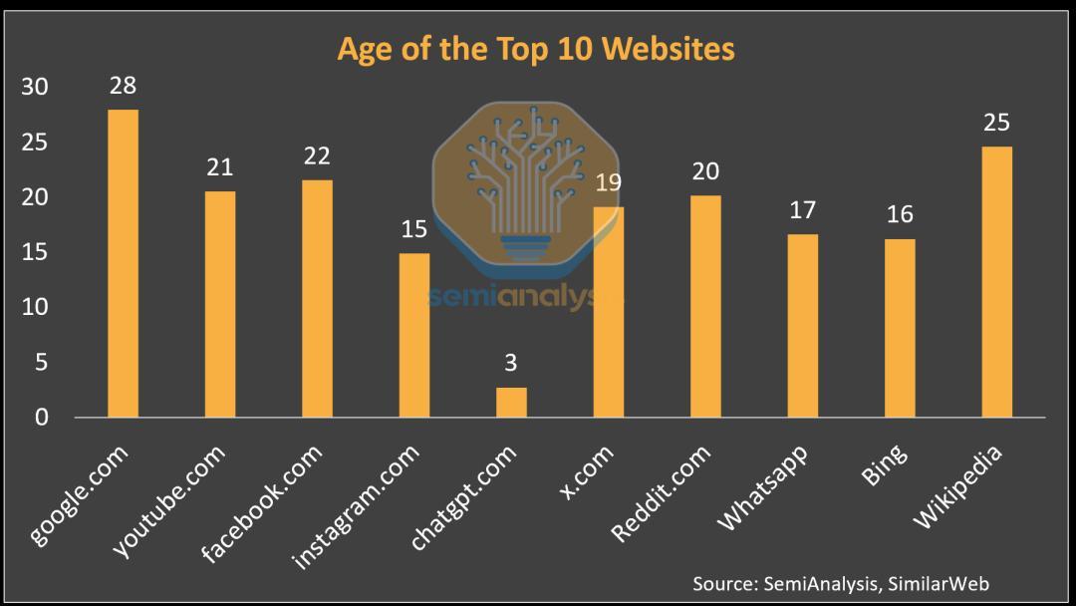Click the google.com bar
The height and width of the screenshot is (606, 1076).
[x=124, y=263]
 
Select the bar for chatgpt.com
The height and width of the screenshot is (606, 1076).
[x=511, y=402]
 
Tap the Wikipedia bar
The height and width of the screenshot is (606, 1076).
[x=996, y=282]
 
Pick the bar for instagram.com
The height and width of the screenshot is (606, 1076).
[x=414, y=335]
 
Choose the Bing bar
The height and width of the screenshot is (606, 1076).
[x=900, y=328]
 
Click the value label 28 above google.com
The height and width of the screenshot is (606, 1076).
[x=124, y=86]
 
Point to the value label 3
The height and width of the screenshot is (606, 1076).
[x=511, y=363]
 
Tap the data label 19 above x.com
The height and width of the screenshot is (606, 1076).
[x=609, y=182]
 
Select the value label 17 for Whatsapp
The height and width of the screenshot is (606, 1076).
[x=803, y=210]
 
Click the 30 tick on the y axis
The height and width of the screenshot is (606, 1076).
[x=35, y=88]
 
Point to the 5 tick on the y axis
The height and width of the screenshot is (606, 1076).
[x=42, y=363]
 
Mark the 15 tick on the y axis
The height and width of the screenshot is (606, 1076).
[x=35, y=253]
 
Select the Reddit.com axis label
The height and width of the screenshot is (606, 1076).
[x=663, y=492]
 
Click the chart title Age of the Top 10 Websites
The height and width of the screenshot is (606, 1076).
[x=536, y=48]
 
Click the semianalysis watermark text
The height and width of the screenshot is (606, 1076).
[x=513, y=297]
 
